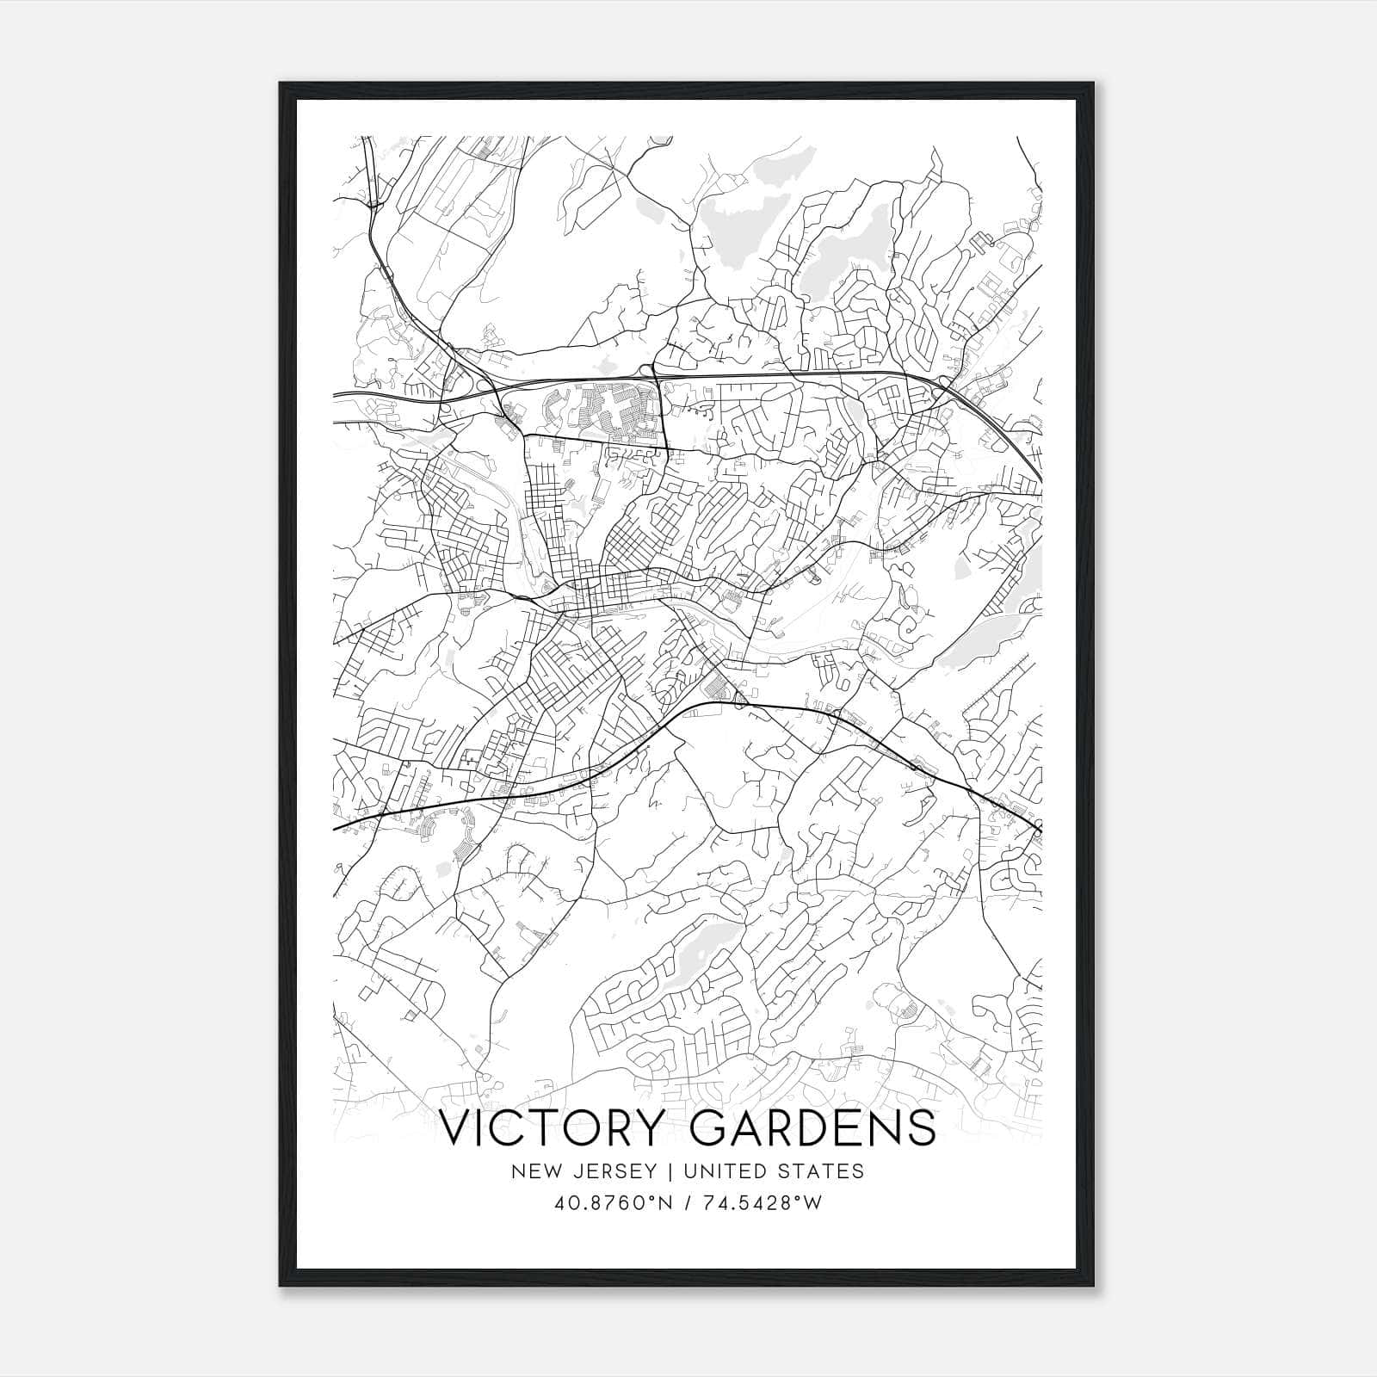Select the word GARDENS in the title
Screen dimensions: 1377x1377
click(813, 1128)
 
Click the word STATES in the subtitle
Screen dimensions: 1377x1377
click(821, 1171)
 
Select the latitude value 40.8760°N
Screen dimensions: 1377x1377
click(612, 1203)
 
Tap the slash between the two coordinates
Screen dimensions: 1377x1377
click(689, 1203)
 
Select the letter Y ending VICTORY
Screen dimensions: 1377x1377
click(660, 1128)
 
